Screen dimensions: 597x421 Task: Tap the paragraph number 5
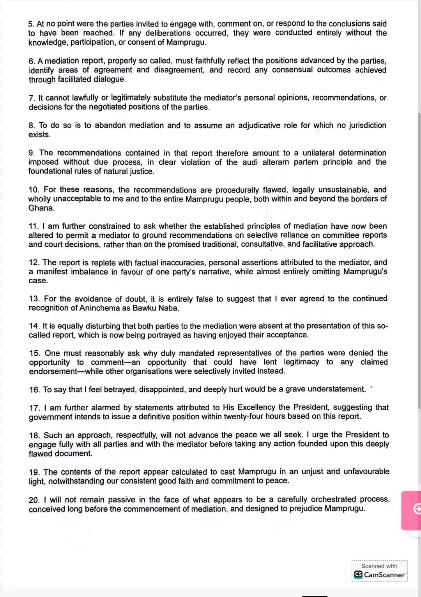click(31, 24)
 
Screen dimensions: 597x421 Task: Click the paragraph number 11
click(34, 226)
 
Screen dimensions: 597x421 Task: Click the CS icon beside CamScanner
click(358, 575)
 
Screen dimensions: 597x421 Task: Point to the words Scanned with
click(379, 566)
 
